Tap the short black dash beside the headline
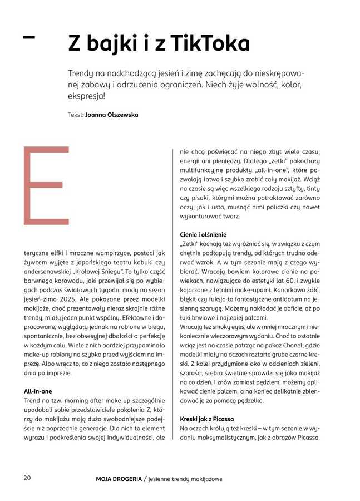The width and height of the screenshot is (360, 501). coord(28,37)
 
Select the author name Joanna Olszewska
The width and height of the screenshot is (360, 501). coord(112,115)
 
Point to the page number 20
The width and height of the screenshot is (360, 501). coord(27,478)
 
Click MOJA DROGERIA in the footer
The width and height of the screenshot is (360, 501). coord(118,478)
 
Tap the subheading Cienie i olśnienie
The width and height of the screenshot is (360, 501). coord(203,234)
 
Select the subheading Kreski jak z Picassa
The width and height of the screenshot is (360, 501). coord(206,418)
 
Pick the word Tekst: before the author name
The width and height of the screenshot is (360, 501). coord(75,115)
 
